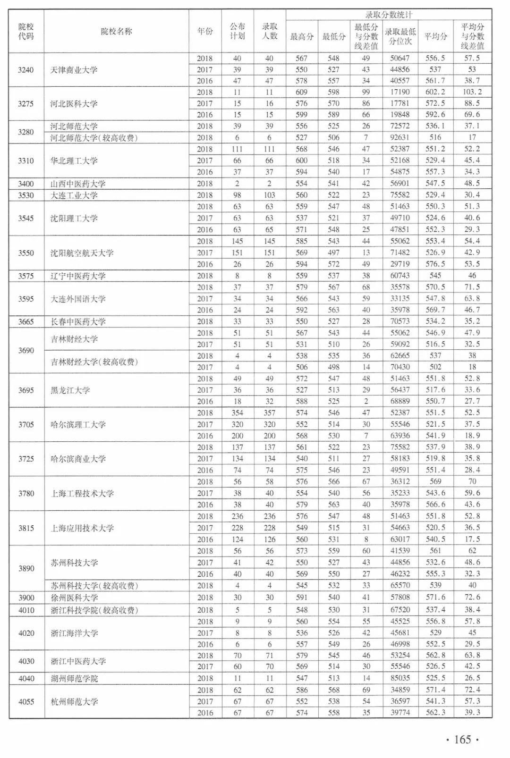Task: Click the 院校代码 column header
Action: point(26,31)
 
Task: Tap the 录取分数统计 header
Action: point(389,15)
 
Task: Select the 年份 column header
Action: point(205,31)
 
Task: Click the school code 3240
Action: point(26,70)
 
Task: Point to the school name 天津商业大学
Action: point(74,70)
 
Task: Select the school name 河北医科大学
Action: point(74,104)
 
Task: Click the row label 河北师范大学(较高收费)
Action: point(94,138)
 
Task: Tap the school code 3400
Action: point(26,184)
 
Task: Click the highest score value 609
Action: point(301,93)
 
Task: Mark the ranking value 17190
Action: point(400,93)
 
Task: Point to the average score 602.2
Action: point(435,93)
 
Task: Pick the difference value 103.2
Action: point(472,93)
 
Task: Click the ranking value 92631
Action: point(400,138)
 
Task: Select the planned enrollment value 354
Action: point(237,413)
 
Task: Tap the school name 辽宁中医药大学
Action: point(78,276)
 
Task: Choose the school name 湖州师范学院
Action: point(74,679)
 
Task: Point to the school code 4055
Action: point(26,702)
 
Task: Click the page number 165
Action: point(462,740)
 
